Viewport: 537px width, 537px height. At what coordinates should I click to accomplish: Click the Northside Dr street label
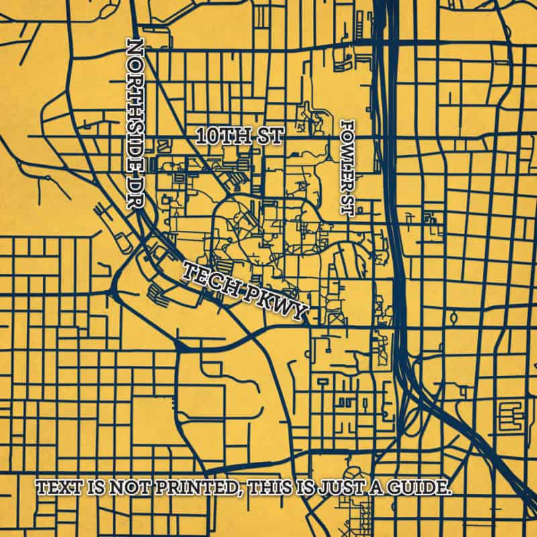coord(136,126)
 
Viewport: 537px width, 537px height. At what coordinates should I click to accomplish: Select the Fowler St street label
coord(347,168)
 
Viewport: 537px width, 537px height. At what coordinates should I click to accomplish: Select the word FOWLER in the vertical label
coord(347,153)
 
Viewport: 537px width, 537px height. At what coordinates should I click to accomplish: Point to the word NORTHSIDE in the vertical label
coord(136,107)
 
